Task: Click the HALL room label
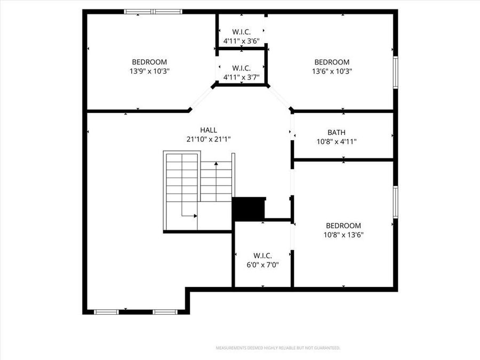click(209, 130)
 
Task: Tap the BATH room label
click(336, 133)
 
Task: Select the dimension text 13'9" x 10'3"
click(149, 71)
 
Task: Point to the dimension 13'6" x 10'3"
click(332, 71)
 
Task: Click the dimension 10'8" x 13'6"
click(343, 235)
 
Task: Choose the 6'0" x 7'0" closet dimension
click(262, 265)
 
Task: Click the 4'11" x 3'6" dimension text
click(241, 41)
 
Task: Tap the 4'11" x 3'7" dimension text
click(241, 77)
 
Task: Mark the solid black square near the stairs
click(249, 209)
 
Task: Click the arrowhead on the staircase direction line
click(195, 216)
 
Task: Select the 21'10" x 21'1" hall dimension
click(209, 139)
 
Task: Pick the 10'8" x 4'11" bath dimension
click(336, 142)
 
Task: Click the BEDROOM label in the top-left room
click(149, 62)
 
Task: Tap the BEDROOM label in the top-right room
click(332, 62)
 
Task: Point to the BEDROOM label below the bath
click(343, 226)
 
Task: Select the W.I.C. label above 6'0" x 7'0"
click(262, 255)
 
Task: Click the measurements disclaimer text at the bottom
click(277, 348)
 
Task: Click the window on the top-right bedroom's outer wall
click(395, 72)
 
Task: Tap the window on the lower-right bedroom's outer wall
click(395, 202)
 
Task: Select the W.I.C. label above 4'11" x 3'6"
click(241, 31)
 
